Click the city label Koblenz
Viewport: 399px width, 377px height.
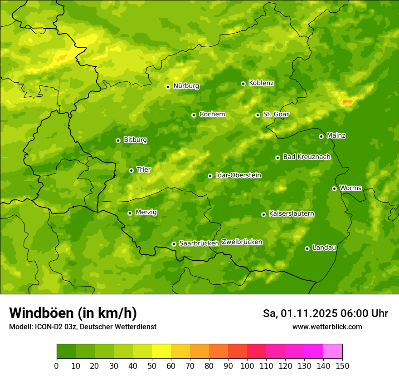(x=261, y=83)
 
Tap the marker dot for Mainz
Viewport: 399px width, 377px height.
(x=321, y=136)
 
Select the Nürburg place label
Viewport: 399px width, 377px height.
(x=186, y=86)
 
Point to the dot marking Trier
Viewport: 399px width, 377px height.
(x=131, y=170)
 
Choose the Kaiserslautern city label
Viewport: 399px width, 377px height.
(x=292, y=213)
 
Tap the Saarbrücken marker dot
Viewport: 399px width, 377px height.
(x=174, y=244)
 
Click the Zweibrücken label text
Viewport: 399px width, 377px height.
(x=242, y=242)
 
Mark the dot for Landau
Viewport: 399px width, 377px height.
(x=307, y=248)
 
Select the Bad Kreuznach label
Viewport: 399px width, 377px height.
(x=307, y=157)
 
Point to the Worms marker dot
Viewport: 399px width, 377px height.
(x=334, y=188)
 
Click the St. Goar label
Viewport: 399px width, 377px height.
(x=276, y=114)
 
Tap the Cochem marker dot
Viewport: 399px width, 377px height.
(x=194, y=115)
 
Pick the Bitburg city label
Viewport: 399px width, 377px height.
(x=135, y=140)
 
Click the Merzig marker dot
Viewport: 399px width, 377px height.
(x=130, y=213)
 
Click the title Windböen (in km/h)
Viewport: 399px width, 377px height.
(x=73, y=313)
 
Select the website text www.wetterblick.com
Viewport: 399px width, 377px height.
(x=327, y=327)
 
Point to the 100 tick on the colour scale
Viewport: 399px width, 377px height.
(x=247, y=366)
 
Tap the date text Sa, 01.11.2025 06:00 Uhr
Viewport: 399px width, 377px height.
(x=325, y=313)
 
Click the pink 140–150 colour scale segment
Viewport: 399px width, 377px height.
(x=333, y=352)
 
